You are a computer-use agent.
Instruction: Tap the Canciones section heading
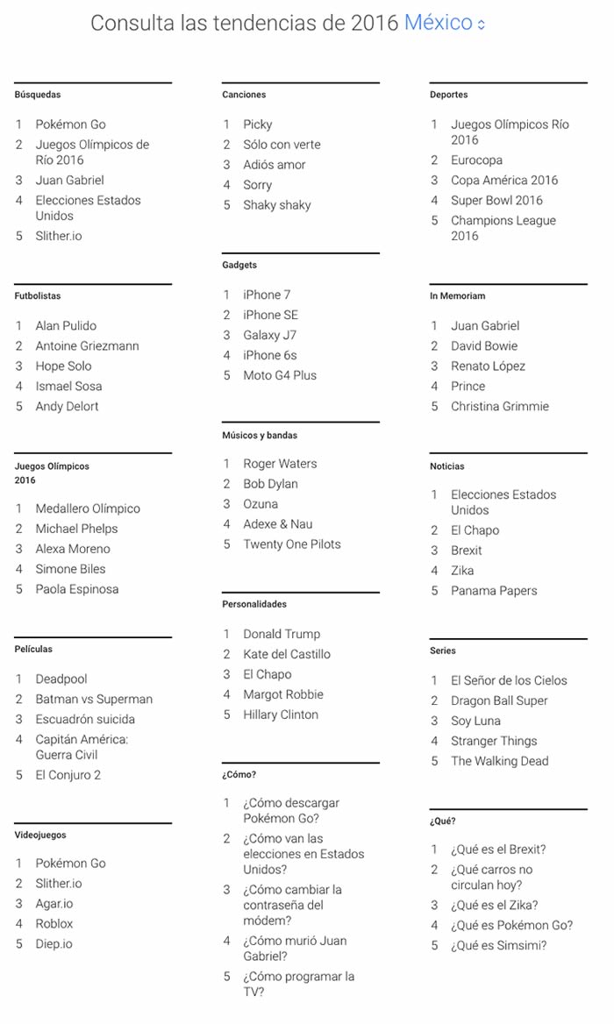point(244,95)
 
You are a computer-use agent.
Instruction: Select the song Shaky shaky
point(276,205)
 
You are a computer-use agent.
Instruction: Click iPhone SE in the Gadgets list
point(270,315)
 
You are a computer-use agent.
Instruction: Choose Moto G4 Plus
point(280,375)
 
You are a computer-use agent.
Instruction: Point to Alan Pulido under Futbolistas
point(66,325)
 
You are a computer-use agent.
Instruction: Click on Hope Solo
point(63,366)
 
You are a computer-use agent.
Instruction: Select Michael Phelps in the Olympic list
point(76,529)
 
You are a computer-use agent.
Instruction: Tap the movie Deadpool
point(61,679)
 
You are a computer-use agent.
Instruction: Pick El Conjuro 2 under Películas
point(68,775)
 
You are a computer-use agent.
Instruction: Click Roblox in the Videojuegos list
point(54,923)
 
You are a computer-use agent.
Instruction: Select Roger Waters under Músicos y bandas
point(280,464)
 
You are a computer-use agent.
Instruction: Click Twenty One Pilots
point(292,544)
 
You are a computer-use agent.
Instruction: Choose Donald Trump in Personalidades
point(282,634)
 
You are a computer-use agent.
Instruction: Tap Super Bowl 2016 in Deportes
point(496,200)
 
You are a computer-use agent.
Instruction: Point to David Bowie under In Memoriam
point(484,345)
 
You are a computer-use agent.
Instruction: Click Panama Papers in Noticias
point(494,591)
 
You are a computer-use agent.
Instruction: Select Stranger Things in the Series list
point(494,741)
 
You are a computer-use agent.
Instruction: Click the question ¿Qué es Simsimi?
point(498,945)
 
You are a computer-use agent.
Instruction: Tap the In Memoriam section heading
point(457,296)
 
